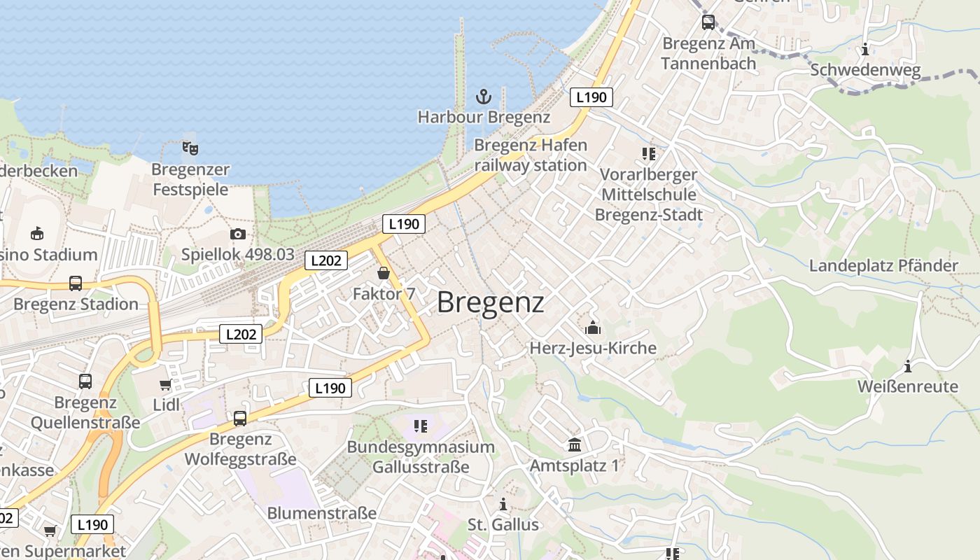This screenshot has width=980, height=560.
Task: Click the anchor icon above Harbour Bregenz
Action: pos(483,96)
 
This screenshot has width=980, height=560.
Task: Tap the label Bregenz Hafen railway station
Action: pos(531,155)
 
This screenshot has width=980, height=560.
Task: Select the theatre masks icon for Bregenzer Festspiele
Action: pos(190,148)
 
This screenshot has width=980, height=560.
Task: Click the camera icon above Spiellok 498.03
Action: pos(238,234)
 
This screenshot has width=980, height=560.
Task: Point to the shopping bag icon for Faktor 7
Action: pos(384,273)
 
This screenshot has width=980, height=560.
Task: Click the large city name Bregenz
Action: pos(491,302)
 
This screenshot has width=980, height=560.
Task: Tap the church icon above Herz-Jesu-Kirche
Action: pos(593,327)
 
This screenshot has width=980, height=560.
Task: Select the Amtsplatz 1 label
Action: pos(575,465)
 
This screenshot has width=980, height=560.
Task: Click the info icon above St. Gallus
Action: pos(503,504)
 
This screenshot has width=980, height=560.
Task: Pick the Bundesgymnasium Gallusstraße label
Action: pos(421,456)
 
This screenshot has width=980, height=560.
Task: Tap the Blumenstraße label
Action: pos(322,513)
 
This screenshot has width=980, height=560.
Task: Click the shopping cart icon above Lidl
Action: pos(165,384)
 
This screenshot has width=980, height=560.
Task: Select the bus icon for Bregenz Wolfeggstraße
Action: pos(240,419)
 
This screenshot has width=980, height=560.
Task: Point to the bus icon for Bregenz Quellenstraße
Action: pos(85,381)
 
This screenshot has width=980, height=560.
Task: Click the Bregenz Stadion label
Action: pos(76,304)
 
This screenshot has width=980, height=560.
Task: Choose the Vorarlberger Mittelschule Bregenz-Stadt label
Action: pos(649,195)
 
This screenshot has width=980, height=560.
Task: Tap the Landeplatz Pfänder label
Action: pos(883,266)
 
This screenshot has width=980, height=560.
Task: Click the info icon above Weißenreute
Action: pos(908,366)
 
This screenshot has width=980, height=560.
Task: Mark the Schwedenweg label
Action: pos(865,70)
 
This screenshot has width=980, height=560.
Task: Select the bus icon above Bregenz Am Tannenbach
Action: pos(708,22)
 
